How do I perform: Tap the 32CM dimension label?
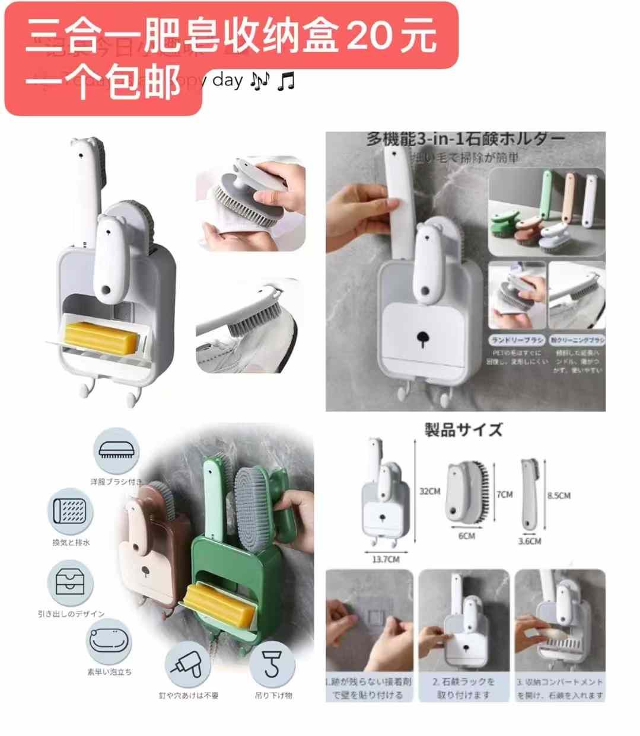coord(429,491)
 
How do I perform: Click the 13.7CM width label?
coord(386,559)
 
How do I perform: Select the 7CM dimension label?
coord(505,494)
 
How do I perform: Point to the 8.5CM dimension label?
coord(558,495)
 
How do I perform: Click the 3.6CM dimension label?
coord(529,541)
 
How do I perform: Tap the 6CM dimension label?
coord(467,536)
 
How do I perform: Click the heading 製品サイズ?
coord(463,430)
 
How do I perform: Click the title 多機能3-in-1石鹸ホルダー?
coord(465,139)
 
